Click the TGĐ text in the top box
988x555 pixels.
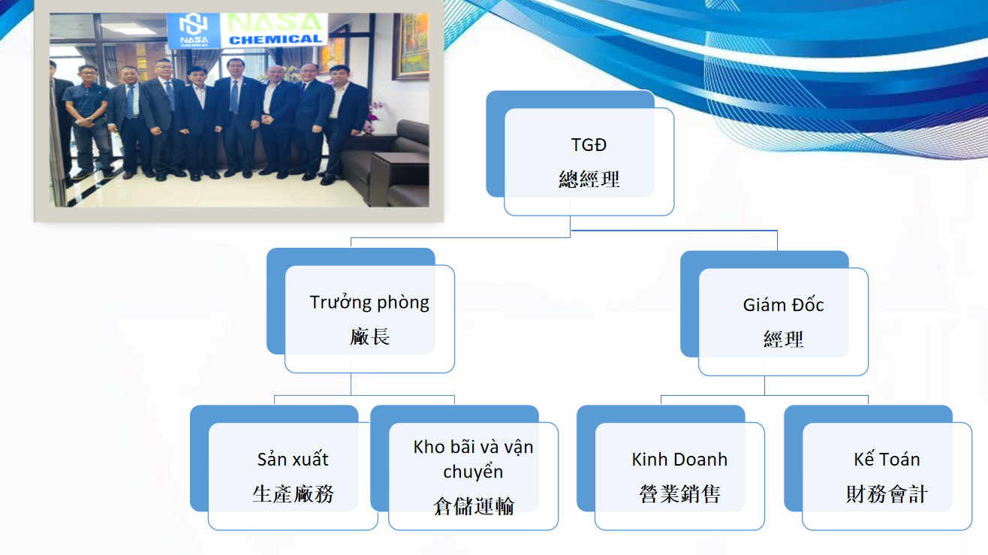589,145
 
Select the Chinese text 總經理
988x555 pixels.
589,179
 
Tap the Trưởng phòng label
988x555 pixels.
369,303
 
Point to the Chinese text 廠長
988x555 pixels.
369,336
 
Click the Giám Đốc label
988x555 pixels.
783,305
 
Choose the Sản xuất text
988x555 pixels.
293,460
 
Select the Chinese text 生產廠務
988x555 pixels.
293,493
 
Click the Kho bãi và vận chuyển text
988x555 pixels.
473,460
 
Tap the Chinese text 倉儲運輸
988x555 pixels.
473,506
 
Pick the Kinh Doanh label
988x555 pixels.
679,460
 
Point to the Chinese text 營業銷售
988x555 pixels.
679,493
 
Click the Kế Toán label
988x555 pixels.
887,460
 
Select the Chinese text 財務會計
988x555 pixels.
887,493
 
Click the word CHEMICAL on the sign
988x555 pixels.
276,40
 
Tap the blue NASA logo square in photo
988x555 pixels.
193,29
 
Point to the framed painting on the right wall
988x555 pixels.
411,46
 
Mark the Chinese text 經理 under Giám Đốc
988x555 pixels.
783,339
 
